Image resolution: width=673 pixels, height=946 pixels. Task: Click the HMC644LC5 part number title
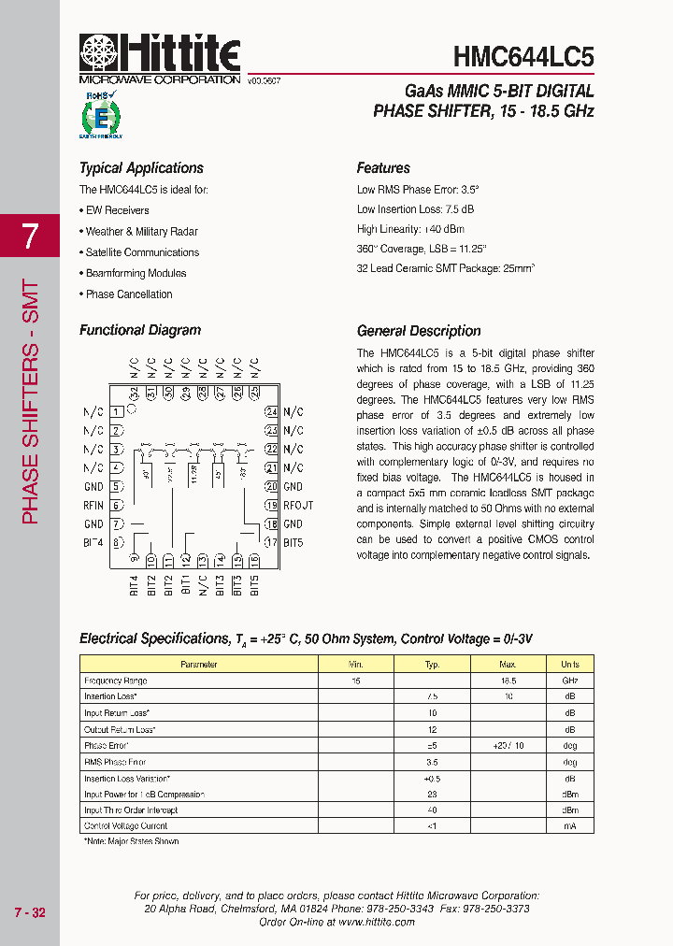coord(523,57)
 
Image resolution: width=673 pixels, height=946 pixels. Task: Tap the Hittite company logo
coord(160,54)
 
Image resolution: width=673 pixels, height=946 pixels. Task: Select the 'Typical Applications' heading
coord(141,168)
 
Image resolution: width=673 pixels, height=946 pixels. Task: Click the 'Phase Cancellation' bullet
coord(128,294)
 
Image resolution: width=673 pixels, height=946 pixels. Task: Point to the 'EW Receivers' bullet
coord(116,210)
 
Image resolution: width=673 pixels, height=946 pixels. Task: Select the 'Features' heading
coord(383,168)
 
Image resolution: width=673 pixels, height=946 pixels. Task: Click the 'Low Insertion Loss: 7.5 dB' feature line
coord(415,209)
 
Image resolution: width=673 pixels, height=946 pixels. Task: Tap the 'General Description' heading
coord(419,331)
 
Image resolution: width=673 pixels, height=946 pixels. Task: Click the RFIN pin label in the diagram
coord(93,506)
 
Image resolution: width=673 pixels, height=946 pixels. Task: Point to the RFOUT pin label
coord(298,506)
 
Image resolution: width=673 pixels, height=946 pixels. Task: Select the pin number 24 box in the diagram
coord(271,411)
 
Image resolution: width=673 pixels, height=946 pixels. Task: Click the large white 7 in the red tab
coord(30,236)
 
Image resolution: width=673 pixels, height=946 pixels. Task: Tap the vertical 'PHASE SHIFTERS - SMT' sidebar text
coord(30,402)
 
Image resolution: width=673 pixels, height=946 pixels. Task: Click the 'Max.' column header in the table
coord(508,665)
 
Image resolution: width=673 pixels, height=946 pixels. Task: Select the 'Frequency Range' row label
coord(116,681)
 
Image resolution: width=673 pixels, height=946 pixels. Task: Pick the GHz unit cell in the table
coord(569,681)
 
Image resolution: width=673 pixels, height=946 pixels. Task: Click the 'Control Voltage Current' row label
coord(126,826)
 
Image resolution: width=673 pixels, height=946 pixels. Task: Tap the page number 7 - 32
coord(30,912)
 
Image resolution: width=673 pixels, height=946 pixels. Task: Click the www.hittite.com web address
coord(377,922)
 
